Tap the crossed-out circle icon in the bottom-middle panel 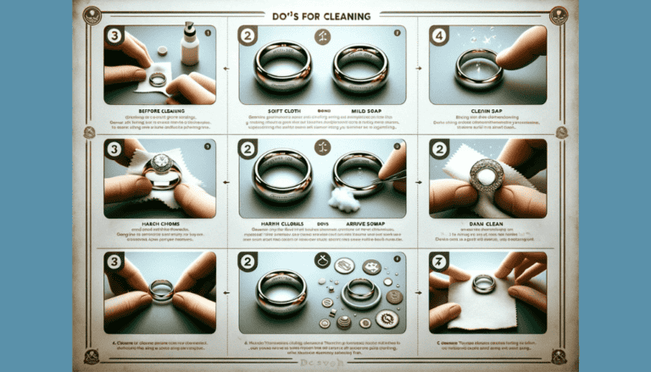point(323,262)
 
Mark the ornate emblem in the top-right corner point(559,14)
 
